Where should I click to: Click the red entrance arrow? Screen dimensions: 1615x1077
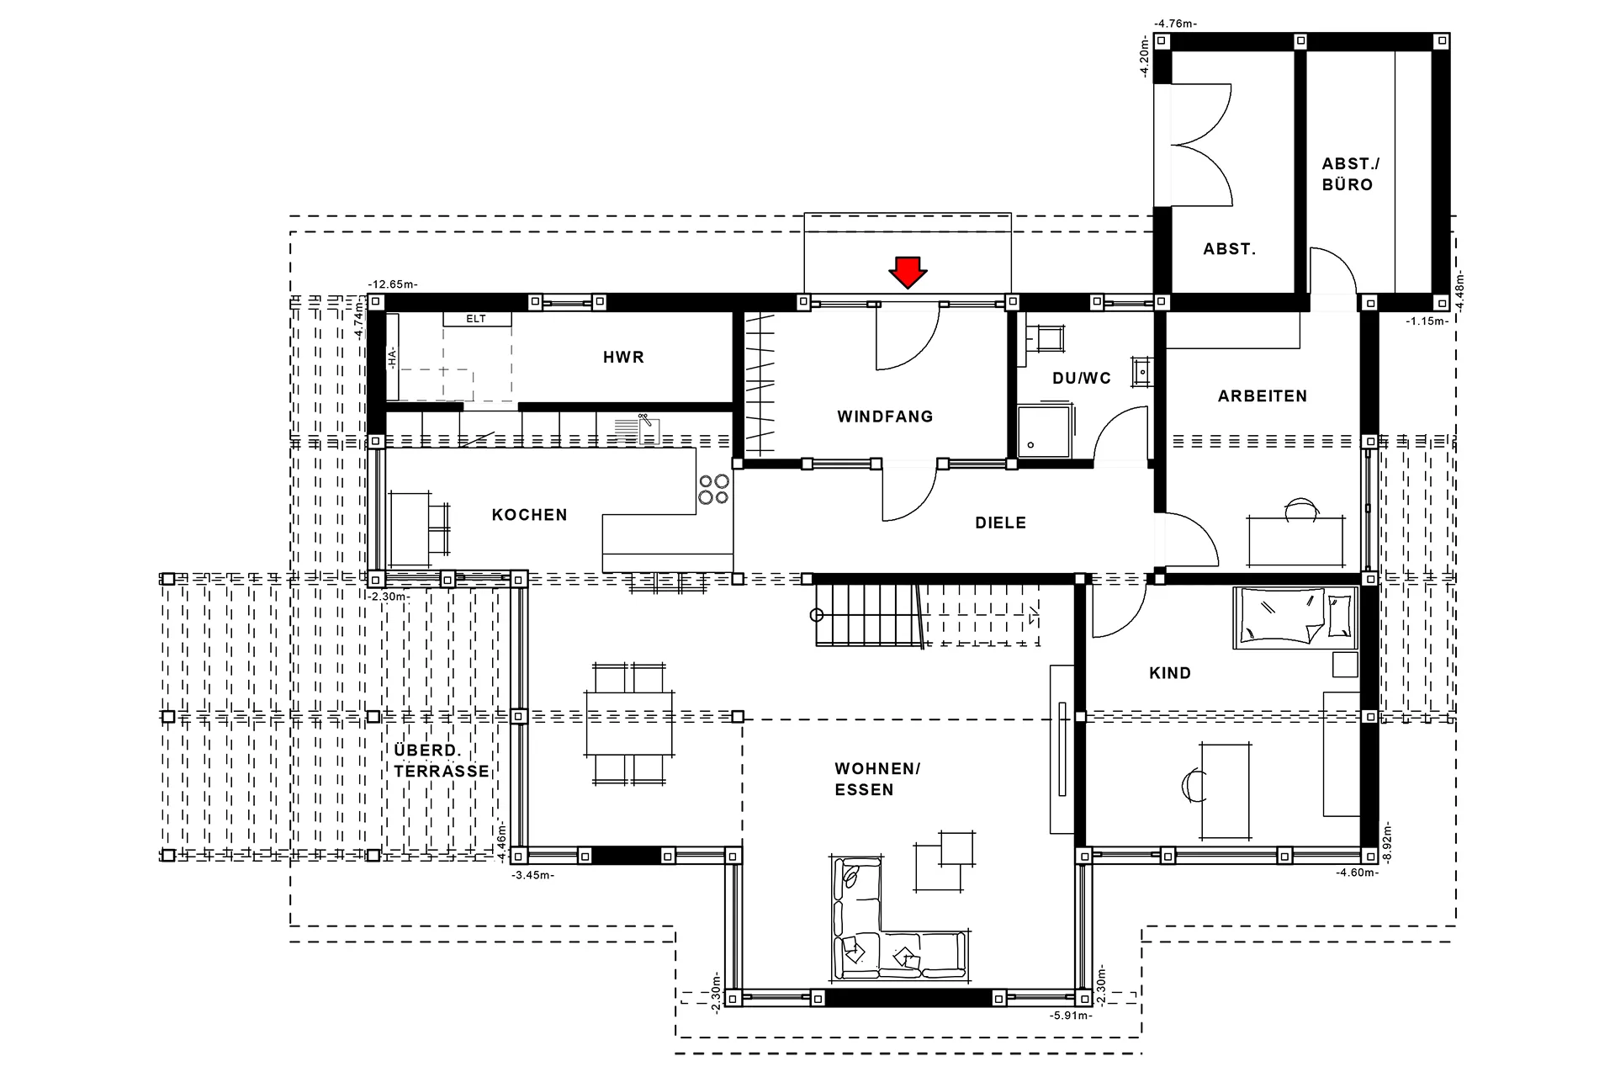[908, 273]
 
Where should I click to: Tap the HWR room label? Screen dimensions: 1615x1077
[623, 358]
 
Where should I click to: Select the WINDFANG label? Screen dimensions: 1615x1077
[885, 416]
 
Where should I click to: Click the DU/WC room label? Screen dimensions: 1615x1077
[1082, 379]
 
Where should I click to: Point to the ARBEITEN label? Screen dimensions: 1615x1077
[1263, 396]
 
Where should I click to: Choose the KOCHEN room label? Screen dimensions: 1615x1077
[529, 515]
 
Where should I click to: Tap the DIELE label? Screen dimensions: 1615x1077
[1000, 523]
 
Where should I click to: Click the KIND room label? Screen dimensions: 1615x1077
[1170, 673]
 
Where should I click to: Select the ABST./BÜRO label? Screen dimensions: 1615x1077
[1351, 174]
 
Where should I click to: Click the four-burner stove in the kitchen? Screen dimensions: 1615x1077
[713, 489]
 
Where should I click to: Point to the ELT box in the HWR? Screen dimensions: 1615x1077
[476, 319]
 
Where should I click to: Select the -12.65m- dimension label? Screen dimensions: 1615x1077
[392, 285]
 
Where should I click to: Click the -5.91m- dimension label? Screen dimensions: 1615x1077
[1071, 1016]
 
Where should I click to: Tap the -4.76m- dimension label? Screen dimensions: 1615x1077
[1175, 24]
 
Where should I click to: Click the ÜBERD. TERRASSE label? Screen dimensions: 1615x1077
[442, 761]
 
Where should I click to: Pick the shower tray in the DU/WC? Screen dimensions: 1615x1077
[1045, 432]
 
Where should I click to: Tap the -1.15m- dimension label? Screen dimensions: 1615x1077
[1427, 321]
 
